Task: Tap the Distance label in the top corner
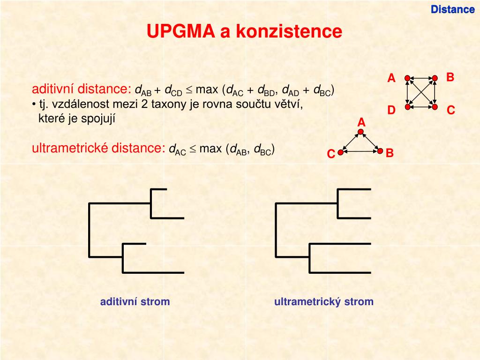(453, 9)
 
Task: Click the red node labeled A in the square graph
(408, 78)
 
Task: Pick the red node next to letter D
(408, 107)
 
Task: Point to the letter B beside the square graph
(450, 77)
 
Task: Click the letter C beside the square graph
(451, 111)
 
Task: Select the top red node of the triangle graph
(360, 132)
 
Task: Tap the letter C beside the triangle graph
(331, 154)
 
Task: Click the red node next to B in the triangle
(380, 151)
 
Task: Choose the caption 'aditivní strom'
(135, 302)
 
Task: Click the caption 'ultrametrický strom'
(324, 302)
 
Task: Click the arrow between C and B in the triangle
(360, 151)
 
